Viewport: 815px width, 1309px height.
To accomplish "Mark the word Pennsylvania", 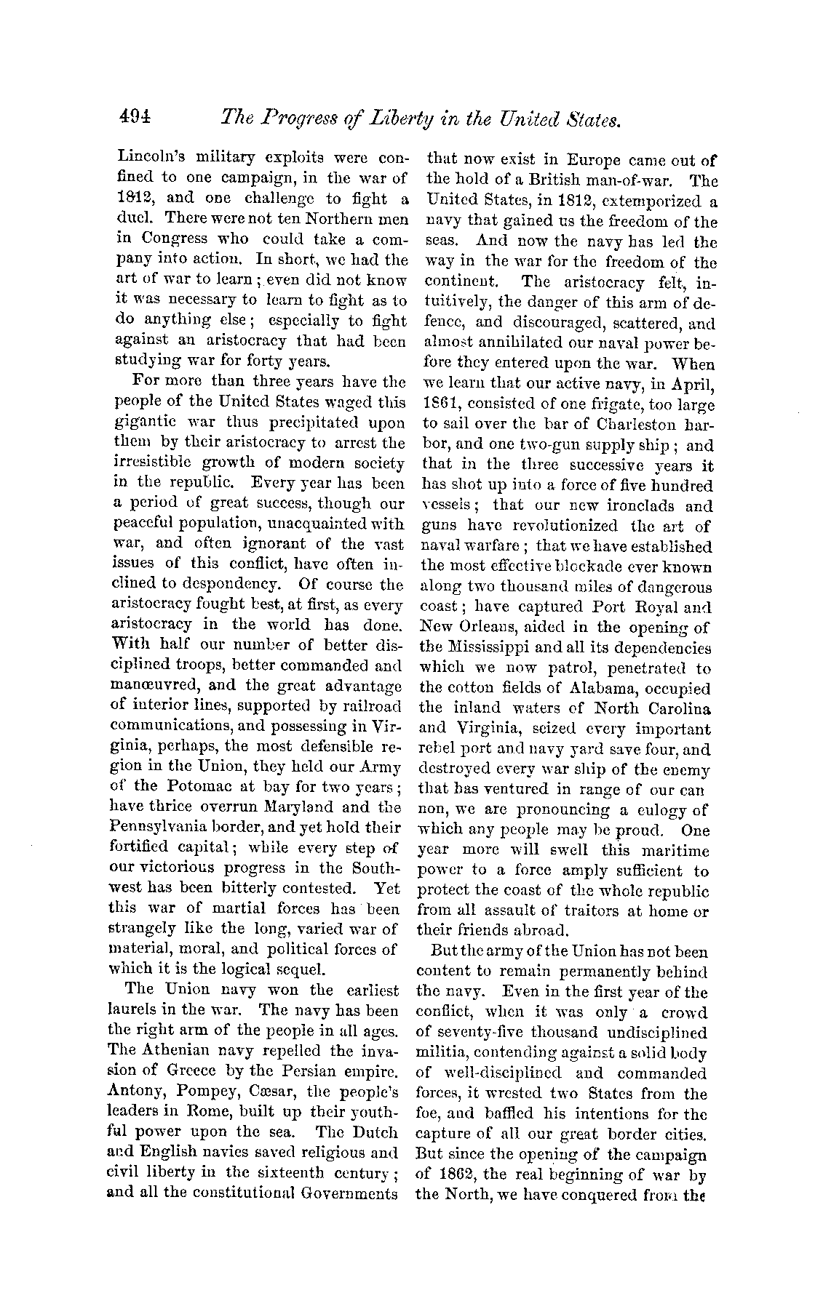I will click(164, 827).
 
